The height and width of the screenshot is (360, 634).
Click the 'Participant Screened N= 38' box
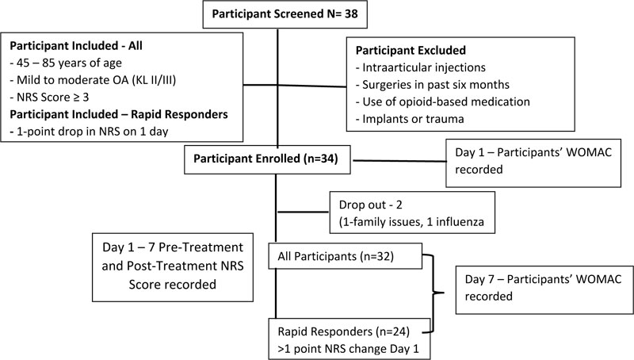pos(285,14)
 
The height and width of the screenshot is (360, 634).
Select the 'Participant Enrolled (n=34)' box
pos(267,159)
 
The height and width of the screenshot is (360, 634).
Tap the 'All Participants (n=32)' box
pos(346,256)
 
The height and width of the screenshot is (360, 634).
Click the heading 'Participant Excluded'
pos(411,50)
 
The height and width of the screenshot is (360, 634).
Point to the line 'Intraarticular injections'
pos(421,67)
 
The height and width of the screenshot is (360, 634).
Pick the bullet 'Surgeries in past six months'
pos(433,85)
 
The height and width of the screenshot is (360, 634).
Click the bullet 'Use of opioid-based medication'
pos(443,101)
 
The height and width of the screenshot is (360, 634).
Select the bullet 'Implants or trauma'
pos(410,119)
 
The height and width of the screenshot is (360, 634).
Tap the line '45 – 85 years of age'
pos(66,63)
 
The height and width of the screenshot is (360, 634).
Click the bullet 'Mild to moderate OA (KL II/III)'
pos(93,80)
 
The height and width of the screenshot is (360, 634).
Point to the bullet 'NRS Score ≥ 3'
pos(49,97)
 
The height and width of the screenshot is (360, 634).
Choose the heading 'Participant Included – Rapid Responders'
pos(119,114)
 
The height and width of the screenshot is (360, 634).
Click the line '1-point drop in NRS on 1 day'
pos(89,132)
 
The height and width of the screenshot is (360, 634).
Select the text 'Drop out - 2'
pos(370,205)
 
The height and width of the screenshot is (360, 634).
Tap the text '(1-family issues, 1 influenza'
pos(411,222)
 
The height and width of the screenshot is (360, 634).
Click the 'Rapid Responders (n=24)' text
pos(344,331)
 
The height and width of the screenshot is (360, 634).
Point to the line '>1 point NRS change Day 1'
pos(348,349)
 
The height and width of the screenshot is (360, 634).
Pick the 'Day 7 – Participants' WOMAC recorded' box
pos(544,289)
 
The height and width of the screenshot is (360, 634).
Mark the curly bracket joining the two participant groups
pos(434,293)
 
